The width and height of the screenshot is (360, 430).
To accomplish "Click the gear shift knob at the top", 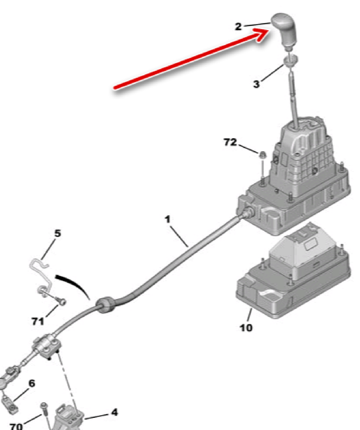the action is coord(285,30).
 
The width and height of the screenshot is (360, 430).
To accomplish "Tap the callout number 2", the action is coord(238,27).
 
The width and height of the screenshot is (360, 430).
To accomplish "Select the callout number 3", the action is coord(256,84).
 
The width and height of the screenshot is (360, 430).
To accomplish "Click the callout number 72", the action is coord(230,142).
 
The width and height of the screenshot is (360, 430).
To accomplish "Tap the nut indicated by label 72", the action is coord(262,155).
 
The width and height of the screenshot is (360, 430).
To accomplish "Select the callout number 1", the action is coord(167,219).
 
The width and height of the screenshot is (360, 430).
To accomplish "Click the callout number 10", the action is coord(246,327).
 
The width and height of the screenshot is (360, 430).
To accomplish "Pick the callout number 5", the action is coord(57,234).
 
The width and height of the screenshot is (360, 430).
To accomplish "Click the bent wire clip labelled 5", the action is coord(40,277).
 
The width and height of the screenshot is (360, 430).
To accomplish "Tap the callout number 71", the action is coord(37,321).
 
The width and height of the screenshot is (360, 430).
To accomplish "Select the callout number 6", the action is coord(32,383).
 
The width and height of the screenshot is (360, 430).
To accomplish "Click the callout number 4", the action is coord(114,412).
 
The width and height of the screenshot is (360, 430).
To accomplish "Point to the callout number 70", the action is coord(16,426).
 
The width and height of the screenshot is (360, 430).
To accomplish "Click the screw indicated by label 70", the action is coord(45,417).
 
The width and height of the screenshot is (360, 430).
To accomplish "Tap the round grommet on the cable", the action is coord(105,305).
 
